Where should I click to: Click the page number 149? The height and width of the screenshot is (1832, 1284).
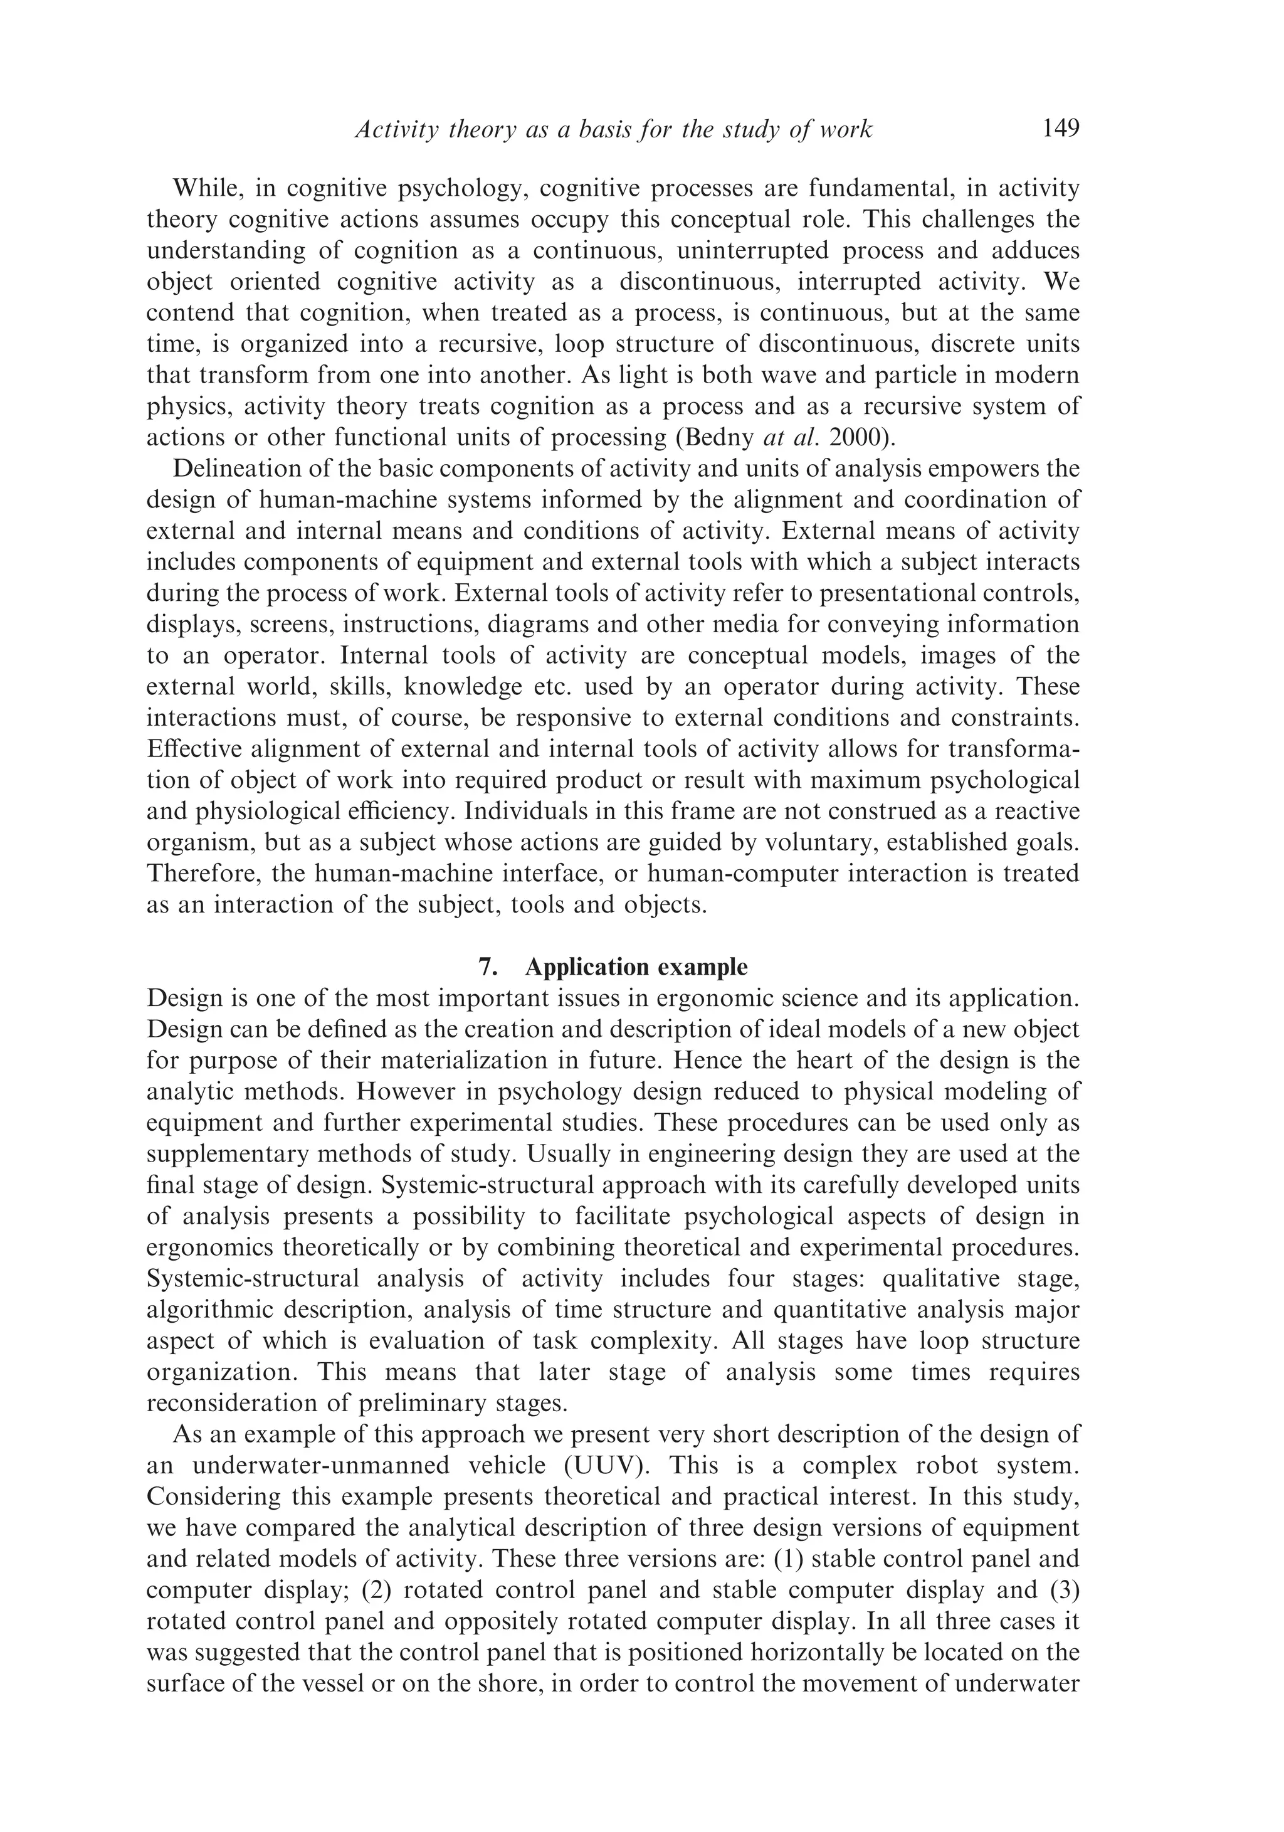(x=1060, y=129)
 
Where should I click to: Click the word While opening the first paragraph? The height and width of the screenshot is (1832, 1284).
(x=208, y=188)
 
